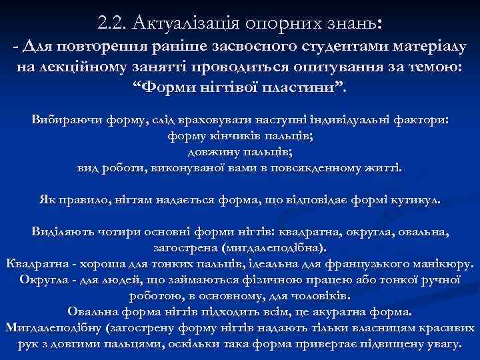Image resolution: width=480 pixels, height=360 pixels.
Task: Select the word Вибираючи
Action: point(64,121)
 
